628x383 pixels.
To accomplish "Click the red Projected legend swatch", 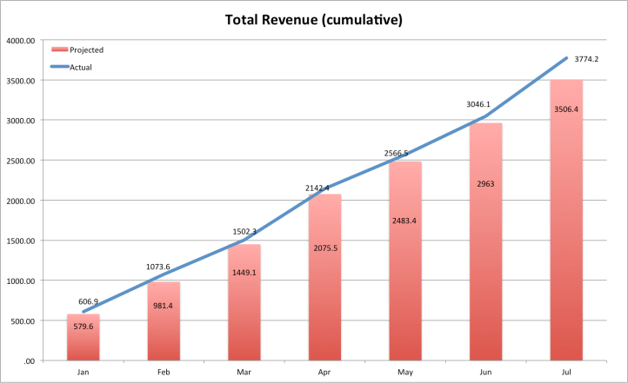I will [59, 50].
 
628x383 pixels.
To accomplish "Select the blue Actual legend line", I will [59, 67].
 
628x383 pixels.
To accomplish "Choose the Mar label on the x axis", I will [244, 373].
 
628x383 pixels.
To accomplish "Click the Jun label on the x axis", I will [485, 373].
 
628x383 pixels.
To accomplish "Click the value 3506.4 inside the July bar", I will [566, 109].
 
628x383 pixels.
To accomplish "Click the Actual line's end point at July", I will [566, 58].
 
